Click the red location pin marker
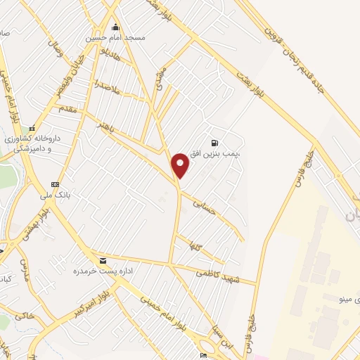pos(181,165)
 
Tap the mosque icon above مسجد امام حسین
pos(115,27)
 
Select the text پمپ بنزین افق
pos(224,152)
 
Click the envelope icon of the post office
pos(103,259)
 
